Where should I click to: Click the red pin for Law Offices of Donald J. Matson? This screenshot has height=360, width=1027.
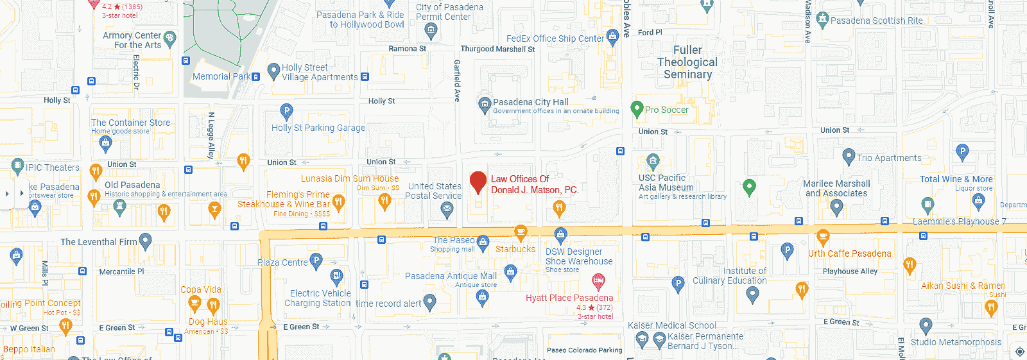coord(478,182)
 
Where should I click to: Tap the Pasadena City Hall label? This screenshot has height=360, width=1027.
coord(530,102)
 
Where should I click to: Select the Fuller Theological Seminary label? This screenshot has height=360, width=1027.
coord(687,62)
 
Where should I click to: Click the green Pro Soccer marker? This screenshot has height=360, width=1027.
coord(637,108)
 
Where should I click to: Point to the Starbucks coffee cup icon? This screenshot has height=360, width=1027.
coord(521,232)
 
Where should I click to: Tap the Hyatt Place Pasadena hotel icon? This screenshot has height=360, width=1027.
coord(598,280)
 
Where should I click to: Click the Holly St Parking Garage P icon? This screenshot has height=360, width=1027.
coord(286,111)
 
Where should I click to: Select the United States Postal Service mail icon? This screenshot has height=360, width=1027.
coord(447,208)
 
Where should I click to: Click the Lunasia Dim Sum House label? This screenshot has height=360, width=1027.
coord(350,178)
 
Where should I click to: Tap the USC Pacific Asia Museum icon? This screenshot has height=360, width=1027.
coord(653,160)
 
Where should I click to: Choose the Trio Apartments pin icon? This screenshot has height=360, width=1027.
coord(849,156)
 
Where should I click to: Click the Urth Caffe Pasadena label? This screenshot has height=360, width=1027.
coord(849,253)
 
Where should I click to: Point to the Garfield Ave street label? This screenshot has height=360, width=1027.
coord(457,81)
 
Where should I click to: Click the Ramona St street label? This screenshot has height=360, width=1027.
coord(407,49)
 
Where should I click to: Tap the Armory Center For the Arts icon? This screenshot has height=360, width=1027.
coord(169,38)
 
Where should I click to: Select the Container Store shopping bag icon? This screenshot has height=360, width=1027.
coord(106,142)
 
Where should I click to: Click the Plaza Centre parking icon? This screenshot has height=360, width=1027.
coord(316,260)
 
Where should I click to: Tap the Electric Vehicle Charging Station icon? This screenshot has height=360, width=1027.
coord(336,277)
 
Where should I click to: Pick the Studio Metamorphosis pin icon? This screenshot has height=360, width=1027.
coord(926,326)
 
